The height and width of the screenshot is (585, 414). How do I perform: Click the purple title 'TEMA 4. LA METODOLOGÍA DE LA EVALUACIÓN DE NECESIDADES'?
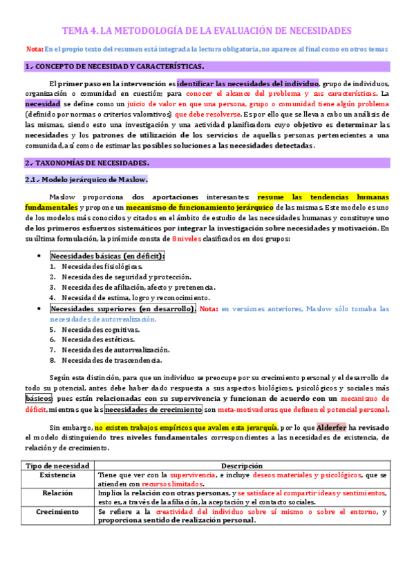[207, 31]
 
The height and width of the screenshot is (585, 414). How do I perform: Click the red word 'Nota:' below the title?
[34, 49]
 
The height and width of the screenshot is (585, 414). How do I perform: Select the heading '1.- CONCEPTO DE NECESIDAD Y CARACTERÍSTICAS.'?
[114, 66]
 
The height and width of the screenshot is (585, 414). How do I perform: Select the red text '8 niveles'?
[187, 239]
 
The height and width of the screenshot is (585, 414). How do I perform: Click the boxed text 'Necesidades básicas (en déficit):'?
[107, 256]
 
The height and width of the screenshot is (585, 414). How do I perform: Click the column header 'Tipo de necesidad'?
[57, 466]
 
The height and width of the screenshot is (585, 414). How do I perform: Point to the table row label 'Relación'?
[57, 494]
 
